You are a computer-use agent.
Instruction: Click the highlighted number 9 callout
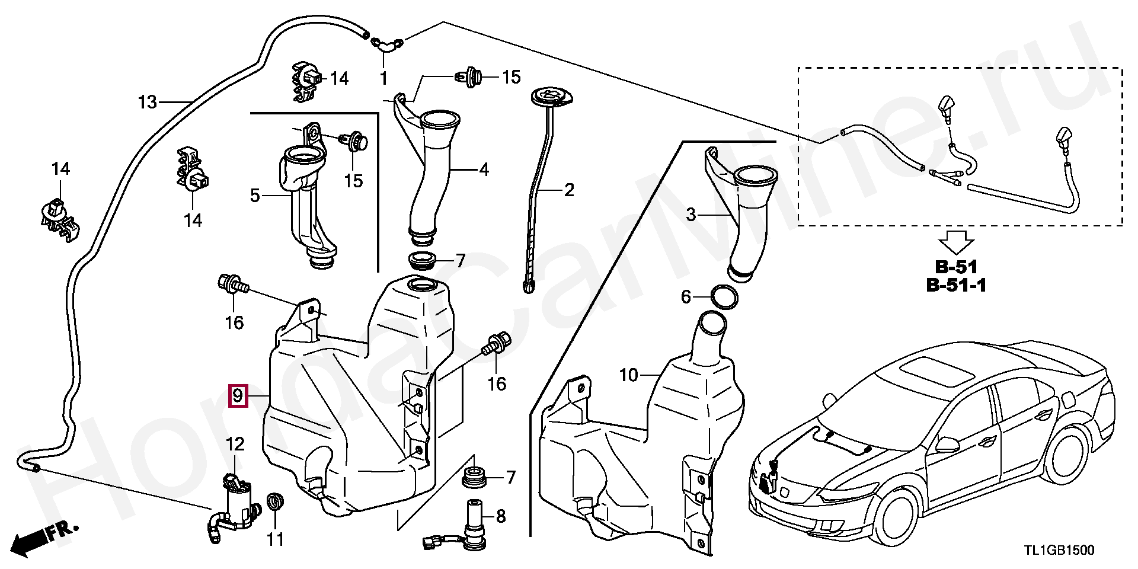237,395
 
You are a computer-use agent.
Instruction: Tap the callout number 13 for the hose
148,103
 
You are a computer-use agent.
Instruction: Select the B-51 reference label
955,267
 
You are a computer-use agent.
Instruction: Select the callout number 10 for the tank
629,375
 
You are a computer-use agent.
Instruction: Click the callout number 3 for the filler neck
691,215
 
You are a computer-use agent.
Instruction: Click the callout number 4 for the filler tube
484,170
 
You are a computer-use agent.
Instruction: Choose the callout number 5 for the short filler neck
255,195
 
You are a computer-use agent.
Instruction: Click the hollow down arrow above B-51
957,242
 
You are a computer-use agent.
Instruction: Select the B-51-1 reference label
956,286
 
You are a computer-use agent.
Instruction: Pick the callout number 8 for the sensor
501,517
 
